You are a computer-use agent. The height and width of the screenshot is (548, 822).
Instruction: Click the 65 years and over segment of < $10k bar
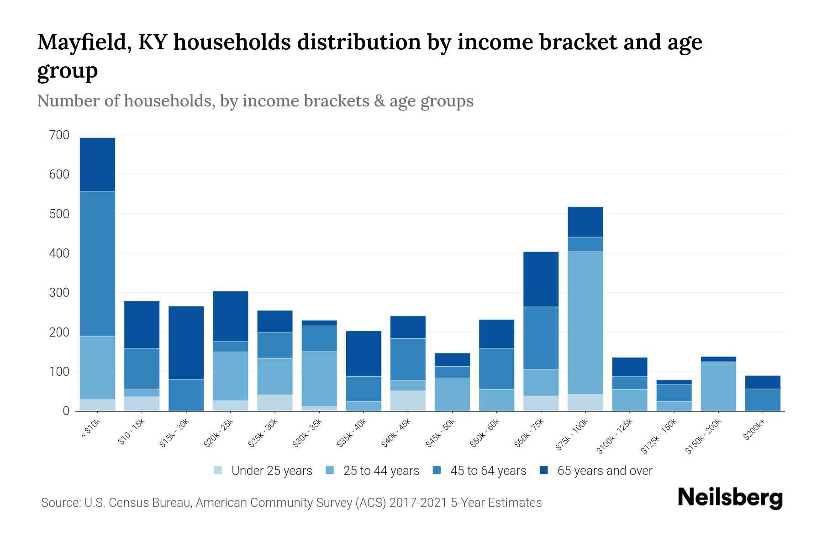[x=97, y=164]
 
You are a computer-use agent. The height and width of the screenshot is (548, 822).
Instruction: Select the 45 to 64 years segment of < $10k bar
[x=97, y=263]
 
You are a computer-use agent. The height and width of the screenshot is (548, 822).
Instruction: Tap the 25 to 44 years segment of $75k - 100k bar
[x=585, y=322]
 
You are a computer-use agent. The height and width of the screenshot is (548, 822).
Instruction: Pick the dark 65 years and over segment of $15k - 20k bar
[x=186, y=342]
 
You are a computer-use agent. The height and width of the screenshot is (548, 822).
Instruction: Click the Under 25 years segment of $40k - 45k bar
[x=408, y=400]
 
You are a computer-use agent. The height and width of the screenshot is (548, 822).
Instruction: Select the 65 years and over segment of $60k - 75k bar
[x=541, y=279]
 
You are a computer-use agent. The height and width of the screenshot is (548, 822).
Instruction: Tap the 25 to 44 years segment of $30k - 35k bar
[x=319, y=378]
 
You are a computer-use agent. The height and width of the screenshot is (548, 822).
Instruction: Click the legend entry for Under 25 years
[x=271, y=471]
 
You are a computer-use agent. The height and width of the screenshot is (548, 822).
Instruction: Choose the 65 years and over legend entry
[x=604, y=471]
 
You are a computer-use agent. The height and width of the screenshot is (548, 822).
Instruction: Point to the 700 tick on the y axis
[x=59, y=135]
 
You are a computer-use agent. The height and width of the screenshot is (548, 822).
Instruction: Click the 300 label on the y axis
[x=59, y=293]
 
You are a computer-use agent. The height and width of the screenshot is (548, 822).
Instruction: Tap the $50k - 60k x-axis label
[x=485, y=433]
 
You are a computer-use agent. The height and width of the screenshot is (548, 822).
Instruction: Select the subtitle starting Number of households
[x=255, y=101]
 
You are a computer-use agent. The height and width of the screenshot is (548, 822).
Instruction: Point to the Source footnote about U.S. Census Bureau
[x=291, y=503]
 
